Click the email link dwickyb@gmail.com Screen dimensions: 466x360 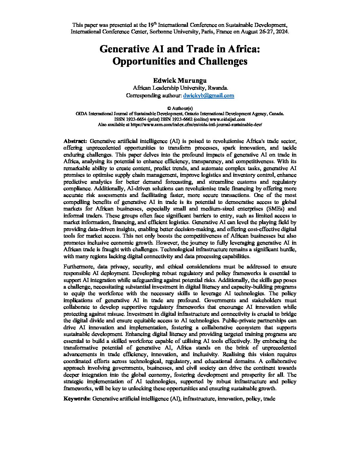point(208,95)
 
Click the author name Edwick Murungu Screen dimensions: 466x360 point(180,80)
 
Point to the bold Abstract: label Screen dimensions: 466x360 point(75,141)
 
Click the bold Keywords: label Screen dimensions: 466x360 point(77,399)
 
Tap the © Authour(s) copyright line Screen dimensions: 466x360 point(180,108)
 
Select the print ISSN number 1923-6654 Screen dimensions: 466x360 point(134,119)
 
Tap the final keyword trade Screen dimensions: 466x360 point(269,399)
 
